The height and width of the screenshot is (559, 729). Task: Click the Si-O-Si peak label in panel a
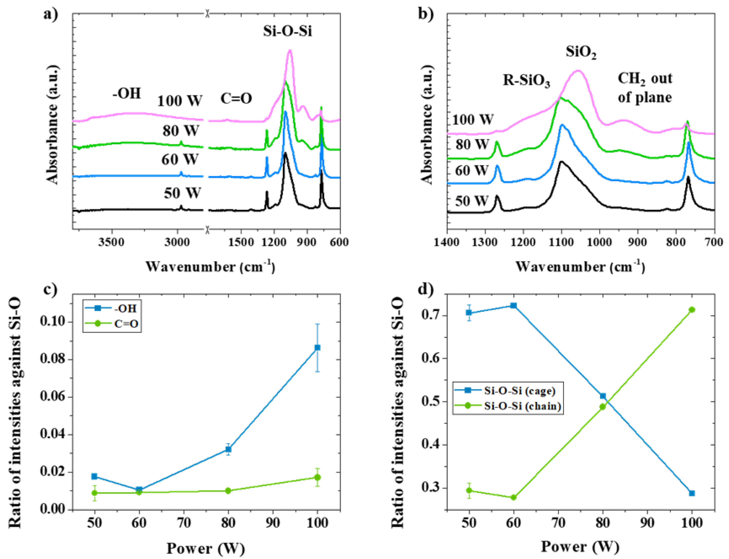[288, 32]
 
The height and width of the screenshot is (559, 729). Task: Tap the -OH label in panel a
[127, 93]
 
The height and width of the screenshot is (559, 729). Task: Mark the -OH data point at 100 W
[317, 348]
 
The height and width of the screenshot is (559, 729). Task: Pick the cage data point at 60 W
[513, 306]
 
